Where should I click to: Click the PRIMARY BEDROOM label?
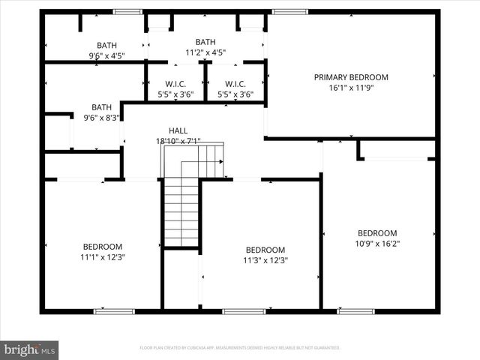(351, 77)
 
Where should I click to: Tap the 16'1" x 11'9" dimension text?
(351, 88)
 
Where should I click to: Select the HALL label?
(178, 130)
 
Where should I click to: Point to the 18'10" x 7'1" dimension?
(178, 141)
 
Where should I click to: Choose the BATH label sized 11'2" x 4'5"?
(205, 42)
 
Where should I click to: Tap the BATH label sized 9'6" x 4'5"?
(106, 45)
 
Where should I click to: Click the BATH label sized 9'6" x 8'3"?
(101, 107)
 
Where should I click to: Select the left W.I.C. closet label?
(175, 84)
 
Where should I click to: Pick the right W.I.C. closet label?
(235, 84)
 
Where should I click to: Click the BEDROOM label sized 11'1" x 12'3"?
(102, 247)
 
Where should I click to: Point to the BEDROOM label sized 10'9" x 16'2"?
(376, 233)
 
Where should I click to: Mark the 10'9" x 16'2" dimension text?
(376, 244)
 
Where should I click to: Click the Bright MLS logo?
(30, 349)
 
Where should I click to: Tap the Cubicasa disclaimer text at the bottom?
(240, 348)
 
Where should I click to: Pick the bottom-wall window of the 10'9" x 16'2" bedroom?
(355, 310)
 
